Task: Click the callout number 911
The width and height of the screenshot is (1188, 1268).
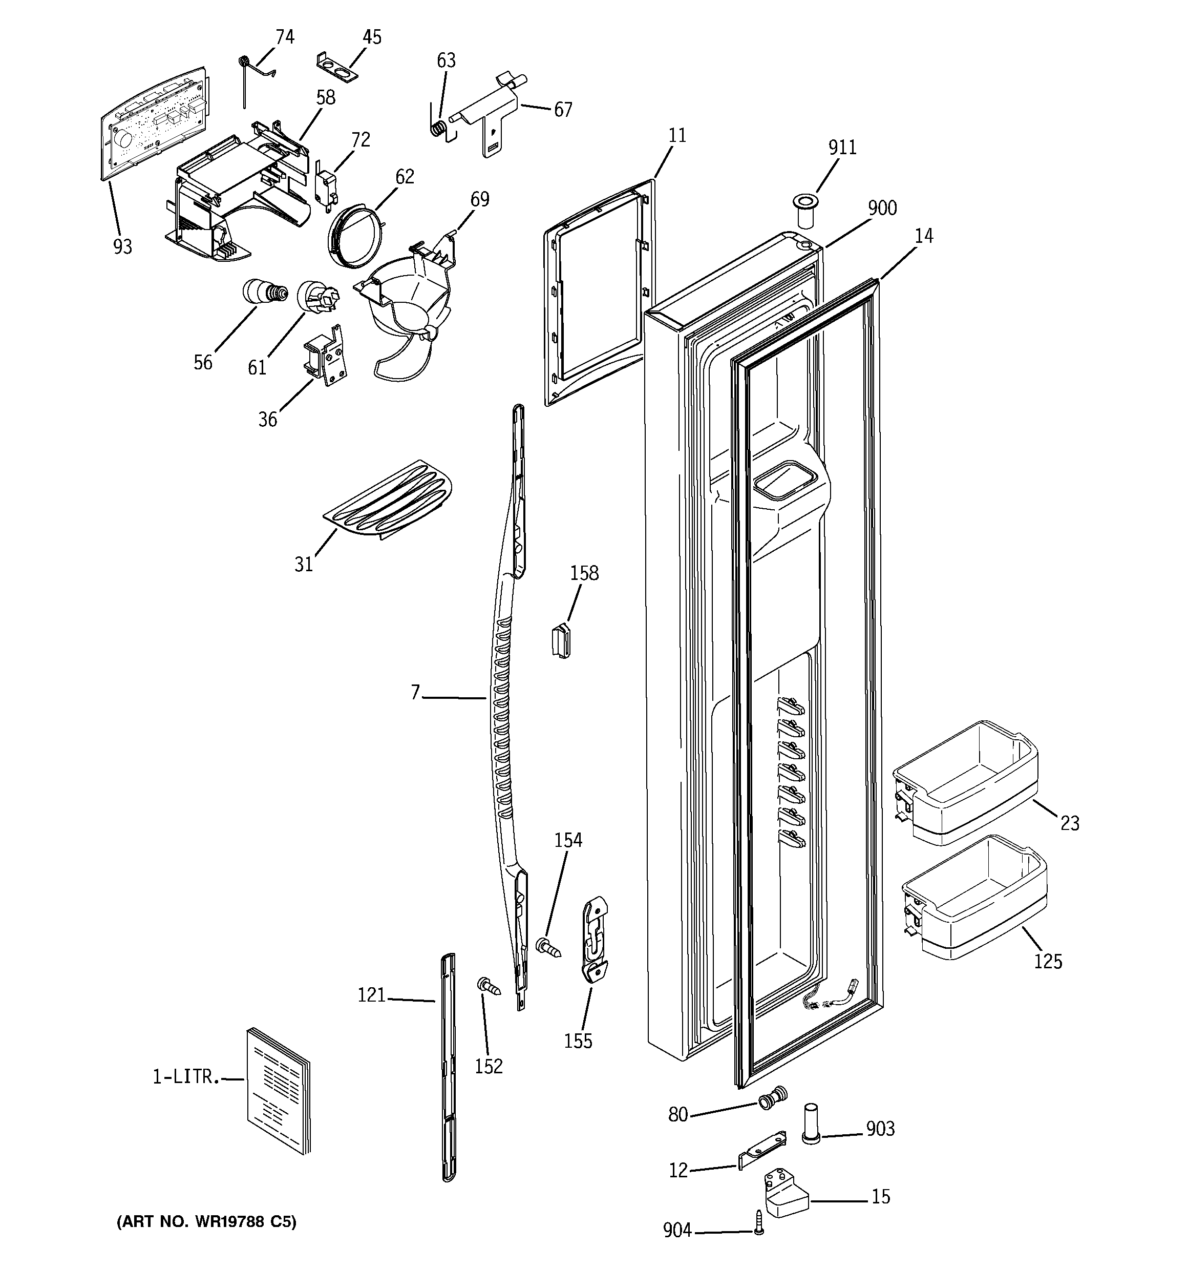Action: coord(842,148)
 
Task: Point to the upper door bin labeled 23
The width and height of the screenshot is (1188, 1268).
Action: coord(964,781)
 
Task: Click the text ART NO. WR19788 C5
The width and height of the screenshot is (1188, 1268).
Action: coord(206,1221)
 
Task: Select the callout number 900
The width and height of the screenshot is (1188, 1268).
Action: coord(882,208)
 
